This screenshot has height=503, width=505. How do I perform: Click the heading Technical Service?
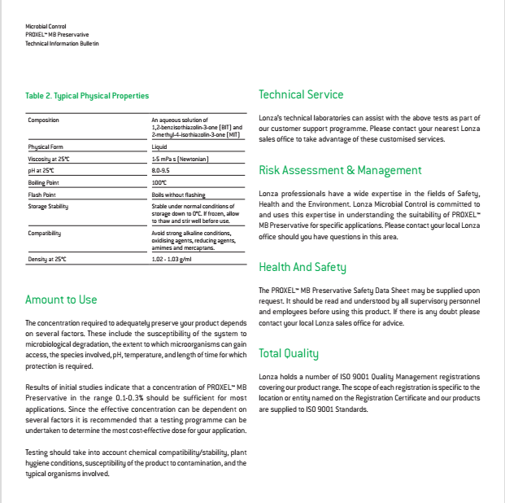click(301, 94)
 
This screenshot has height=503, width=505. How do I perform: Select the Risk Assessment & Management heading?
click(340, 170)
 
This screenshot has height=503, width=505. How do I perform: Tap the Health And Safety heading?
click(303, 267)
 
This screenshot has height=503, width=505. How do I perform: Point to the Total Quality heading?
click(289, 353)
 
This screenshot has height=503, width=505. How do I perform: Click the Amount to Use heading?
click(61, 300)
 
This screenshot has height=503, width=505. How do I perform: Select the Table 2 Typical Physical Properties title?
click(87, 96)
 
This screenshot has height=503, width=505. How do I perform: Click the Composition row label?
click(44, 120)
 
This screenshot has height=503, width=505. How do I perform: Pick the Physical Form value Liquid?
click(159, 147)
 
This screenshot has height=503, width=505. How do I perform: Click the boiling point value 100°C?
click(159, 182)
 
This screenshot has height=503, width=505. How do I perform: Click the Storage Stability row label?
click(48, 207)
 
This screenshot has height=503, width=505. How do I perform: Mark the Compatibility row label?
click(46, 233)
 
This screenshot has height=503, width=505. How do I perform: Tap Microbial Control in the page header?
click(45, 28)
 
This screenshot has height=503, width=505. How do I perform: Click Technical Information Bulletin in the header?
click(62, 42)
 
